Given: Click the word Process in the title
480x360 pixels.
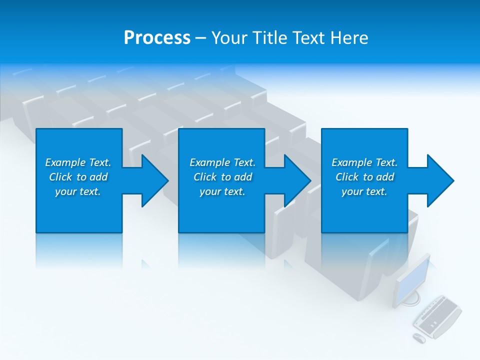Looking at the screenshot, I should click(x=157, y=38).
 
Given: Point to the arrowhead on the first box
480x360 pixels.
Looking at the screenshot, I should click(x=152, y=180).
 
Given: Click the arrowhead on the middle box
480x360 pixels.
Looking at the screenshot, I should click(x=295, y=180).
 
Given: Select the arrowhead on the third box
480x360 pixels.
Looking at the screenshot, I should click(x=438, y=180).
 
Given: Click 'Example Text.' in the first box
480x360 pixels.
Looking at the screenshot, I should click(x=78, y=162).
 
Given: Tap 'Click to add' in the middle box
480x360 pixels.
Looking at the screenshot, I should click(x=222, y=177).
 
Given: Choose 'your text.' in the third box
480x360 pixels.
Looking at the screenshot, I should click(x=364, y=191).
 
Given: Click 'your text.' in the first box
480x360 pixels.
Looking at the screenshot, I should click(x=78, y=191).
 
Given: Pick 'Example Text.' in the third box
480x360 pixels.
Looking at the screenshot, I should click(x=364, y=162).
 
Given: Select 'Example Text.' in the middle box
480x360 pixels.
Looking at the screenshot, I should click(x=222, y=162).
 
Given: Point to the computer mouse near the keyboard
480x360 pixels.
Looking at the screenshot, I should click(x=419, y=338).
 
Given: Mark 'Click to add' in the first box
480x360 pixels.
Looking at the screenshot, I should click(x=78, y=177).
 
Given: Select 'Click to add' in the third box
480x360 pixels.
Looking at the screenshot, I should click(x=364, y=177).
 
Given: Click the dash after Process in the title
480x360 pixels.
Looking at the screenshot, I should click(x=200, y=38).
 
